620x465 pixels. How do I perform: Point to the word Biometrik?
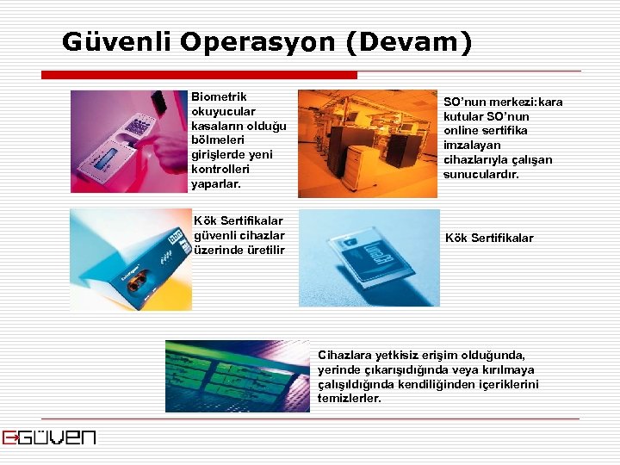[219, 96]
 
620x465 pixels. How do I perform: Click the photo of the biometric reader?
[129, 142]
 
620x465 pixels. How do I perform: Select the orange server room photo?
[368, 144]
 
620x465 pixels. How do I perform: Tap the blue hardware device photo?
[131, 258]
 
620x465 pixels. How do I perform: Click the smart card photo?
[369, 257]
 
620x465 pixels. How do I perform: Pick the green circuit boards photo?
[237, 375]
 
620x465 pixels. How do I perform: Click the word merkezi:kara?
[527, 102]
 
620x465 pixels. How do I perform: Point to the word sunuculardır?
[481, 175]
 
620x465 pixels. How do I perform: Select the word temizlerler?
[350, 399]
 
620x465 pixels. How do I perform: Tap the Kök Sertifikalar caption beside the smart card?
[489, 238]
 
